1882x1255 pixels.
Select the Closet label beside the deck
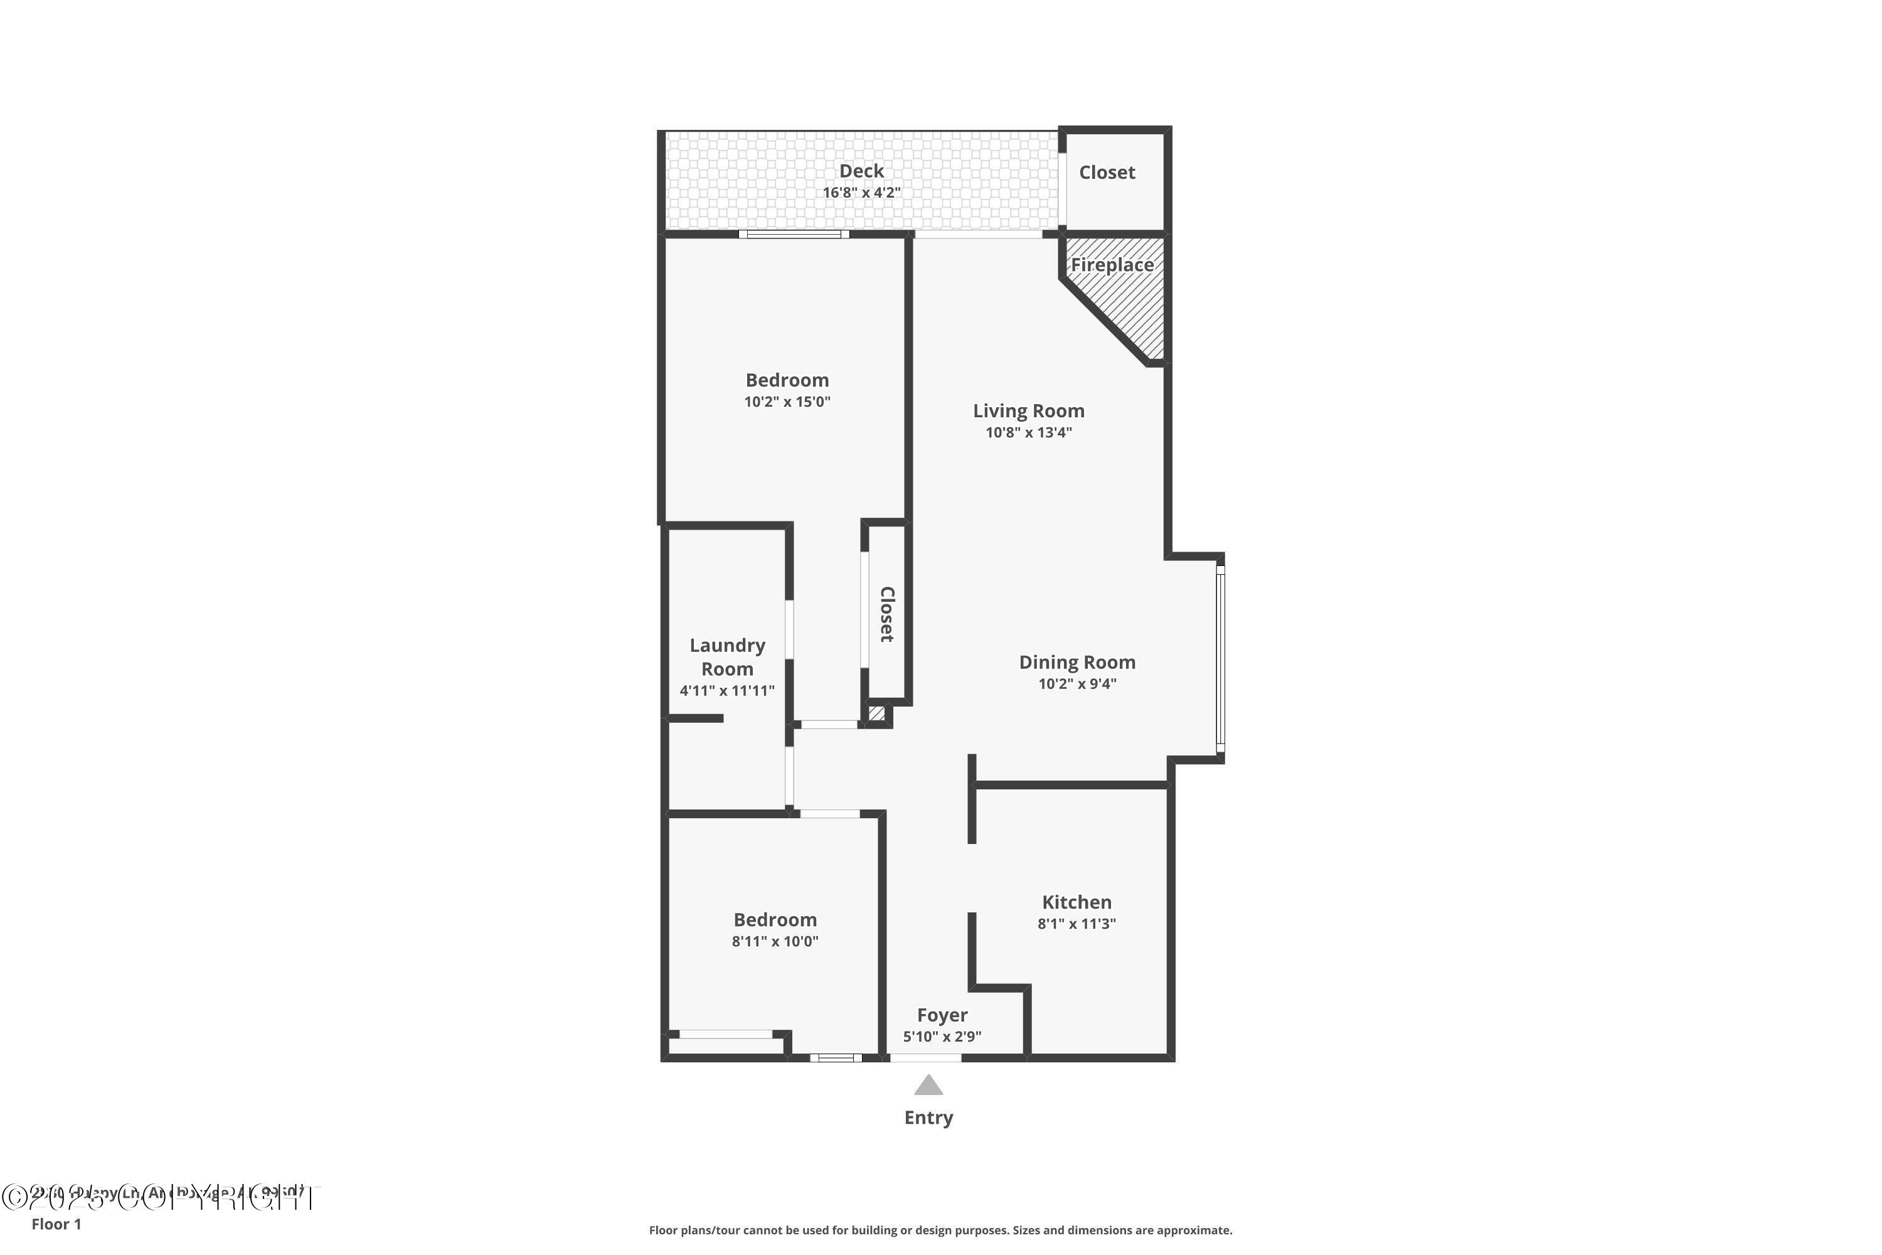coord(1107,172)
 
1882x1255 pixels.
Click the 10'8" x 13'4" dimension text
coord(1028,433)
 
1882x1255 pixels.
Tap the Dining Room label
coord(1077,662)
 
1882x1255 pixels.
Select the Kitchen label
coord(1077,902)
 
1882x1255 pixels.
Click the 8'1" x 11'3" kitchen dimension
coord(1077,924)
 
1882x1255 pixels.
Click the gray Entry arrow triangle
coord(928,1086)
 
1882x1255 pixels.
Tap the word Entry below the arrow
coord(928,1118)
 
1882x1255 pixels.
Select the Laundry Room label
coord(727,656)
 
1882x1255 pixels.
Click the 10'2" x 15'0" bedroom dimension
coord(787,402)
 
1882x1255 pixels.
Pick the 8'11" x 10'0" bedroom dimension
coord(775,941)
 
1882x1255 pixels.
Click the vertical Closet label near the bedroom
coord(886,614)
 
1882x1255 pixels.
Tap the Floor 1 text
coord(56,1224)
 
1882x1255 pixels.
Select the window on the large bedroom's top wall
coord(793,235)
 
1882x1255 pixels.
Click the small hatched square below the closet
coord(877,713)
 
